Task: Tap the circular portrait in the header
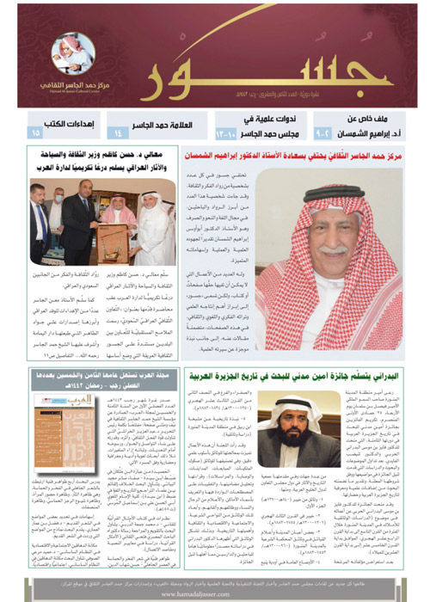point(73,53)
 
